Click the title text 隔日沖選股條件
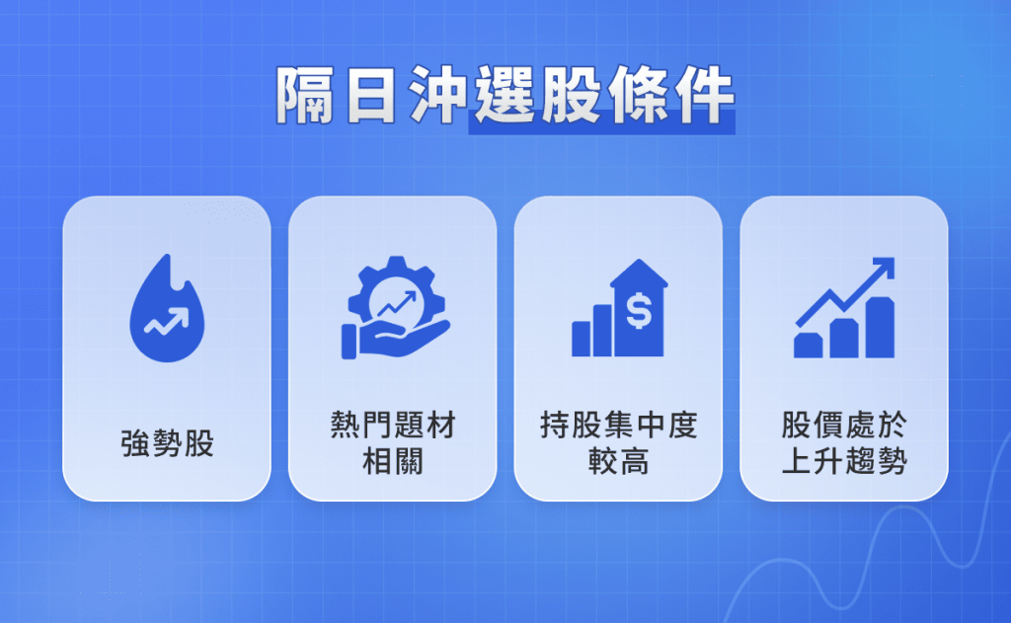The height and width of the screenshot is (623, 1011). point(505,97)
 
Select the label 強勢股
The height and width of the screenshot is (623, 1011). point(167,445)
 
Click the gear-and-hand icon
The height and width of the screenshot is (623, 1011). point(392,307)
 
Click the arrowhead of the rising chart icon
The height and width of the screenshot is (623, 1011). point(885,267)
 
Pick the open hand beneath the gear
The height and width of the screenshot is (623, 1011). point(395,341)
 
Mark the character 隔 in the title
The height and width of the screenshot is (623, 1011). point(302,97)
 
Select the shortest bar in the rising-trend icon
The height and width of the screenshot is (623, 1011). point(808,345)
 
